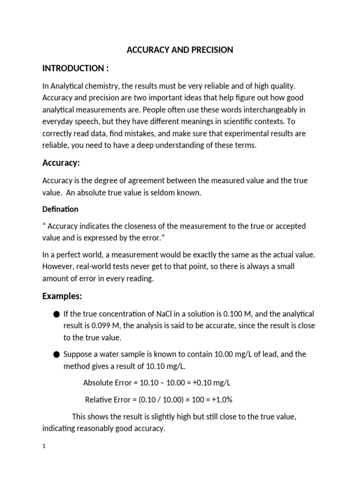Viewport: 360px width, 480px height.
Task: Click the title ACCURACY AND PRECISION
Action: (x=180, y=50)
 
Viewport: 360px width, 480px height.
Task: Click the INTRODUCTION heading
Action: (x=75, y=68)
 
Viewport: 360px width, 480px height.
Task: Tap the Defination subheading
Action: (x=60, y=209)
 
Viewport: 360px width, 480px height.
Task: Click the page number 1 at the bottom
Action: (x=44, y=447)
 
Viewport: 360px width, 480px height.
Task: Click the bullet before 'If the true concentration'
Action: (x=57, y=314)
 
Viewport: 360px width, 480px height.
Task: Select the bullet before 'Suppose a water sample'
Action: (x=57, y=355)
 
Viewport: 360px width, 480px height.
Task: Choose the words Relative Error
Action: (x=105, y=400)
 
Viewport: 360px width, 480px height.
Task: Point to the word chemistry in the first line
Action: (x=104, y=86)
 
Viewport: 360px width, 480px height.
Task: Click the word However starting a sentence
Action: (x=58, y=266)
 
